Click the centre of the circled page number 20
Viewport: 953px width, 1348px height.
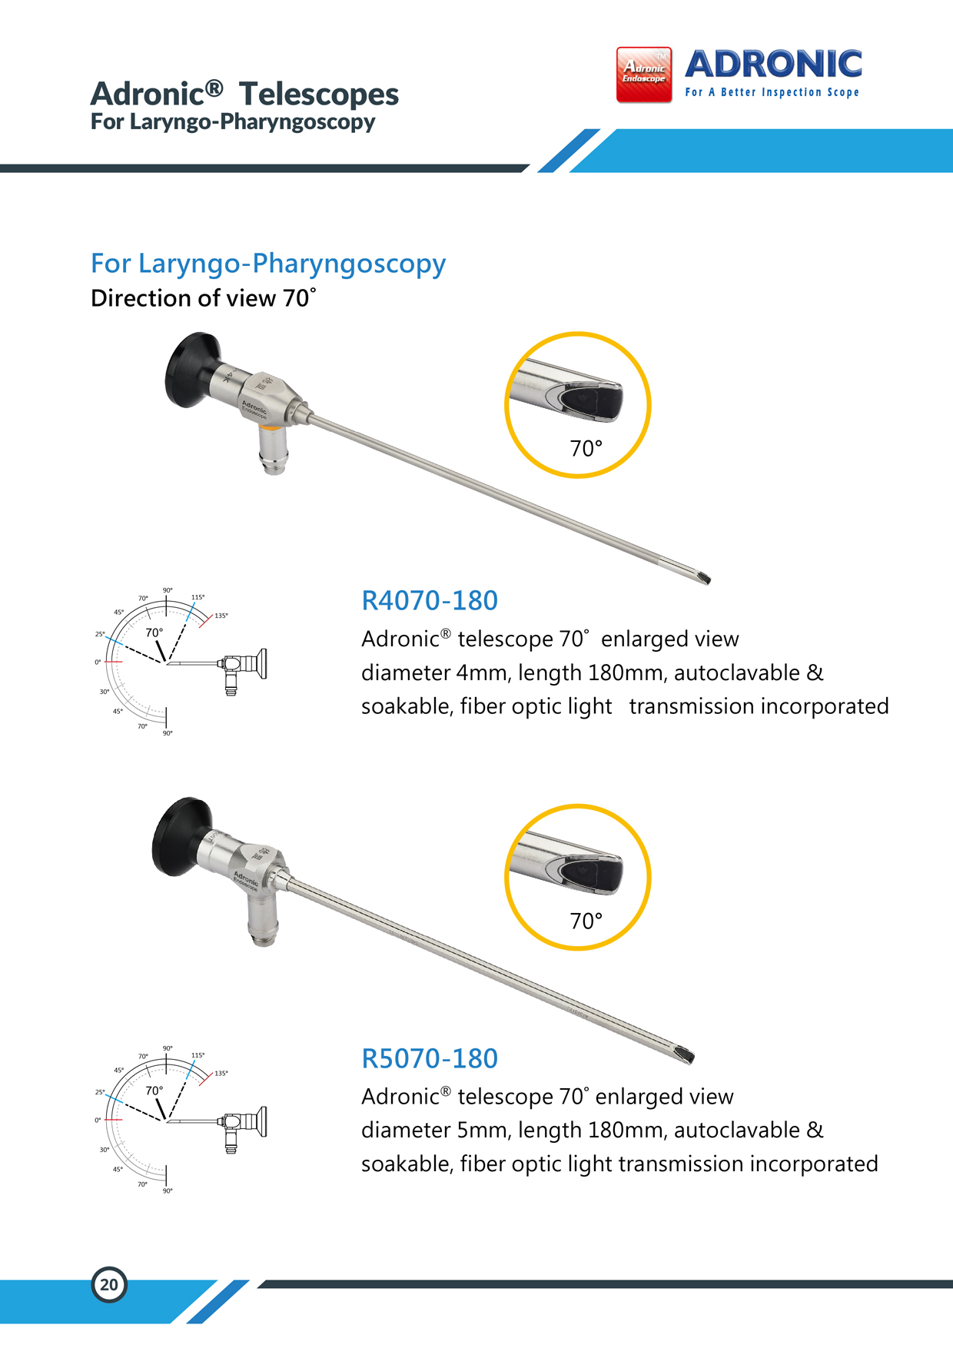(109, 1284)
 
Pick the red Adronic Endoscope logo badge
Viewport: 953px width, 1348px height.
(644, 75)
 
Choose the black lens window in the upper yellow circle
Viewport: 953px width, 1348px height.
(592, 400)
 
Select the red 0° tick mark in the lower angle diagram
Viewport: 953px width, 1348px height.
(113, 1120)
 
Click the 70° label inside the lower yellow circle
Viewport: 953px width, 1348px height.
(586, 921)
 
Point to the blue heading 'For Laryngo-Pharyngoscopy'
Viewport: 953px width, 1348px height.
(268, 264)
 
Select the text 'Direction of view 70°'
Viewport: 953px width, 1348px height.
(204, 298)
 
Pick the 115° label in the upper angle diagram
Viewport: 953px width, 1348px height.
(198, 597)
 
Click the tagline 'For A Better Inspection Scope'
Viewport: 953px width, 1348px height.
(772, 92)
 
